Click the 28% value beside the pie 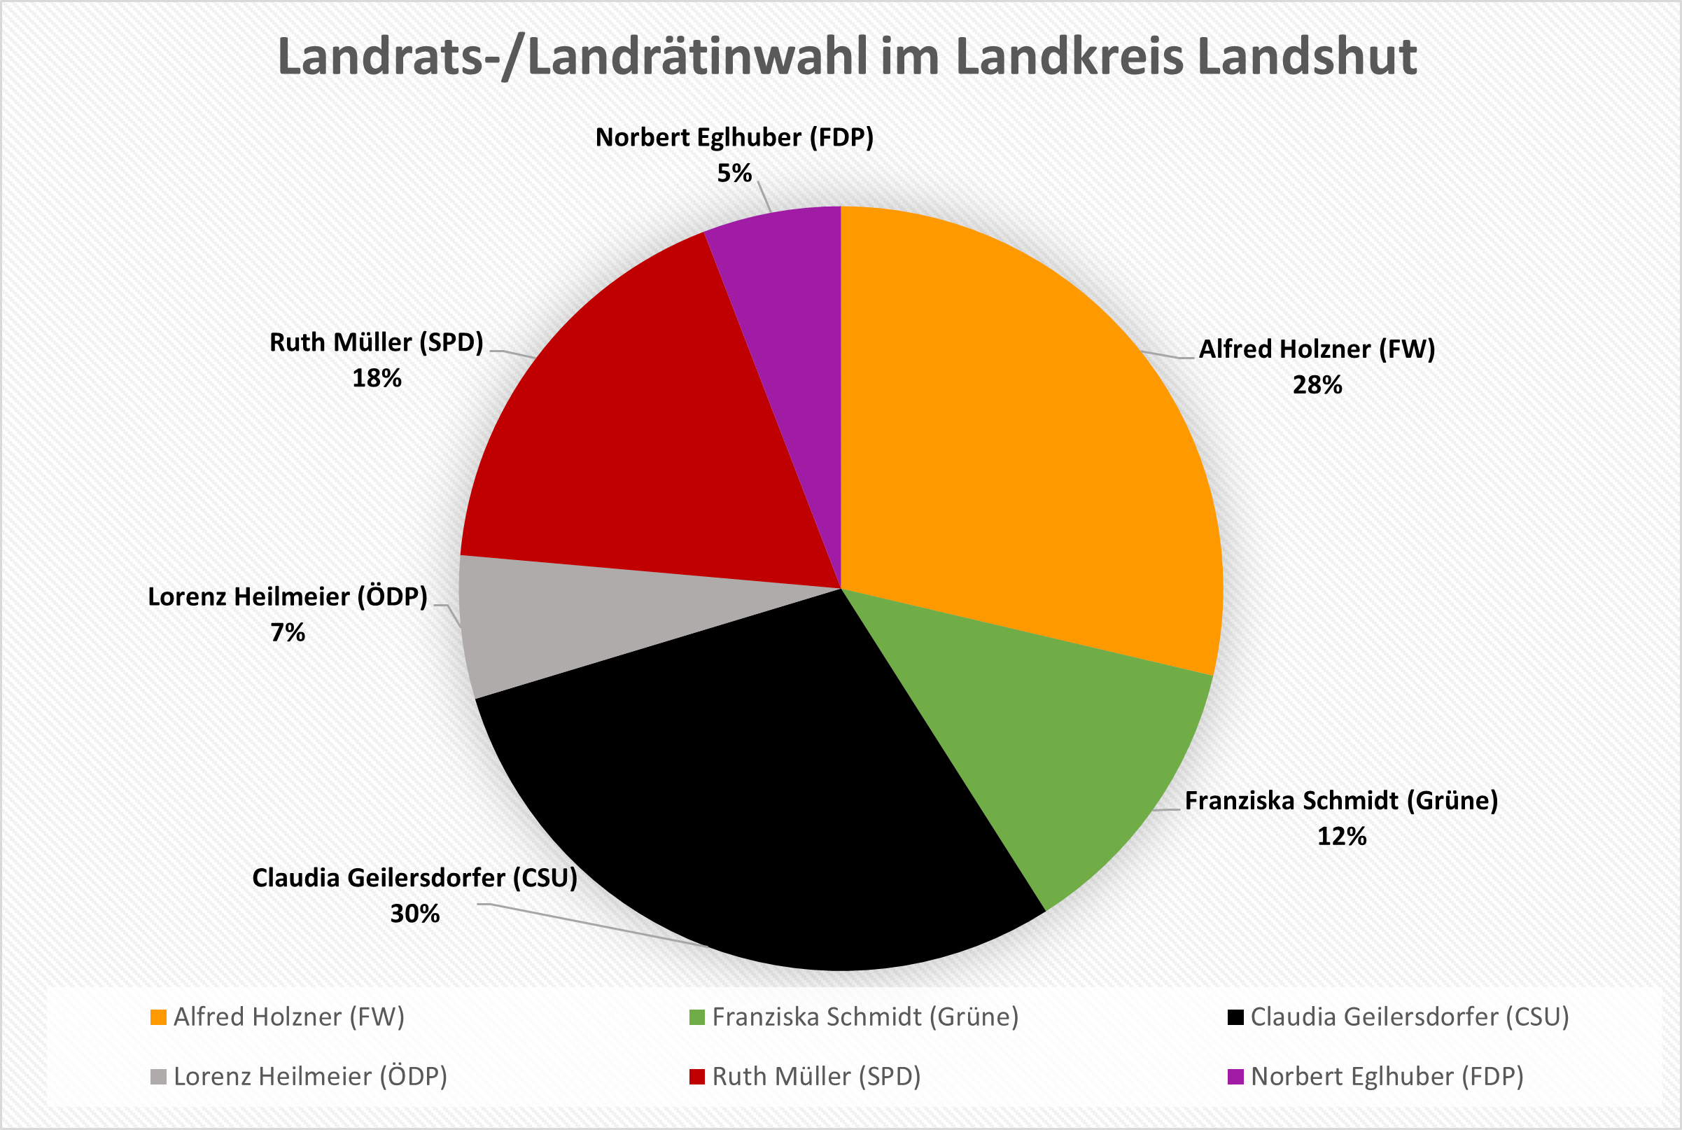(1317, 386)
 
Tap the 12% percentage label (1341, 837)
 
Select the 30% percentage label (415, 914)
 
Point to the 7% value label (288, 633)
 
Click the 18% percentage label (376, 378)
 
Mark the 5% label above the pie (734, 174)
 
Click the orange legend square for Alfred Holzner (157, 1017)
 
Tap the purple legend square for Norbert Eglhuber (1235, 1077)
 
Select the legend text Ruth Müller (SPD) (816, 1077)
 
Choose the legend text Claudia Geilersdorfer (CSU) (1409, 1017)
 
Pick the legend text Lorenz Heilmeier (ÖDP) (311, 1077)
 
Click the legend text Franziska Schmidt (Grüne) (865, 1017)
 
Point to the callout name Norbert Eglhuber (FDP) (734, 138)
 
